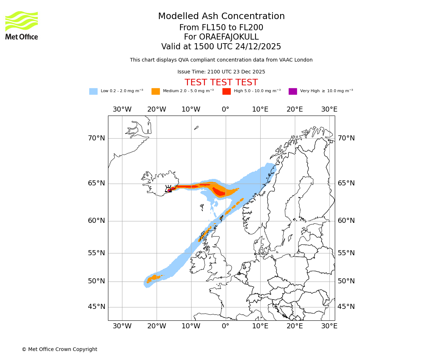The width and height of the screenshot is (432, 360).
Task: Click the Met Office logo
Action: point(22,25)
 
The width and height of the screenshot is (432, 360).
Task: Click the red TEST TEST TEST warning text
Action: point(221,82)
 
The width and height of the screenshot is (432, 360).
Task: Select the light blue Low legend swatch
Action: point(93,91)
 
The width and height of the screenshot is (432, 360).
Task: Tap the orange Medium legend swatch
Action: point(156,91)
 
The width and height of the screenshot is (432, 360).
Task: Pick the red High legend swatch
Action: point(226,91)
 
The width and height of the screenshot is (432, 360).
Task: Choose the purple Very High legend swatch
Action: point(293,91)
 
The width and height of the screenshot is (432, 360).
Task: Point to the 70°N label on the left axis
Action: point(96,138)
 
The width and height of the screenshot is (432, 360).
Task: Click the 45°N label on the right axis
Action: point(346,307)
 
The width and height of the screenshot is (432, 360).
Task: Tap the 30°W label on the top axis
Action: point(122,109)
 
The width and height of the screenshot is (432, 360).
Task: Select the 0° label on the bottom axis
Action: point(226,326)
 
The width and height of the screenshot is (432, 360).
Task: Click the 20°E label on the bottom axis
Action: point(295,326)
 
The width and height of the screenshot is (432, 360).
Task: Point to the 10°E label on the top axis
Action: point(260,109)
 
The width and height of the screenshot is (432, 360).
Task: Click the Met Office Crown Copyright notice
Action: point(59,349)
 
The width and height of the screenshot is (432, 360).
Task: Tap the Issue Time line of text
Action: point(221,72)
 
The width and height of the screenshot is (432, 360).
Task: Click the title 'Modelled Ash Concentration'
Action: point(221,16)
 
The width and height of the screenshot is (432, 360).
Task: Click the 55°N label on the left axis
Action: point(96,253)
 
